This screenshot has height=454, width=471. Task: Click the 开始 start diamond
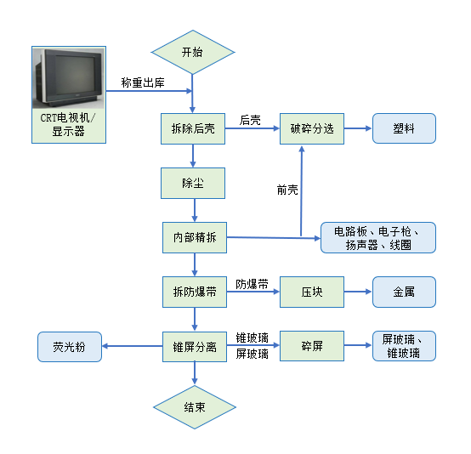193,52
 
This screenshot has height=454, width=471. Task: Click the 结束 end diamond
194,406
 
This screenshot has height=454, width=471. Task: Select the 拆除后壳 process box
193,128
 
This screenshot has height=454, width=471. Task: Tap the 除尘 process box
193,183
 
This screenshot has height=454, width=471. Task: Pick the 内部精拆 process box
195,238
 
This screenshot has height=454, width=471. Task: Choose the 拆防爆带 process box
194,292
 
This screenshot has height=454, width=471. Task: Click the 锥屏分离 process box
194,347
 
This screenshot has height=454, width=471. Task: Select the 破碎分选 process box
312,128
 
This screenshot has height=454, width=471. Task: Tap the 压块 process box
311,292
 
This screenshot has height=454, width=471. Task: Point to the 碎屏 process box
311,347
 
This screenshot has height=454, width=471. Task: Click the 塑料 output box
404,128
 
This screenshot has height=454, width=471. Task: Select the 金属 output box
404,292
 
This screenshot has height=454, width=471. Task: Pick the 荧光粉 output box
69,347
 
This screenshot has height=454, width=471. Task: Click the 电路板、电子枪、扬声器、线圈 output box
378,238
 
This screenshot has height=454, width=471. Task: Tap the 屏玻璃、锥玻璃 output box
404,347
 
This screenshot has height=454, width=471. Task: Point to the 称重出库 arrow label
143,83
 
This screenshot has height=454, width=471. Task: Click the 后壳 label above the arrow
250,120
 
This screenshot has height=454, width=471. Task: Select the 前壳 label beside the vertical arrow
287,190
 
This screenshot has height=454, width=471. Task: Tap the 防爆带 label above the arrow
252,283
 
